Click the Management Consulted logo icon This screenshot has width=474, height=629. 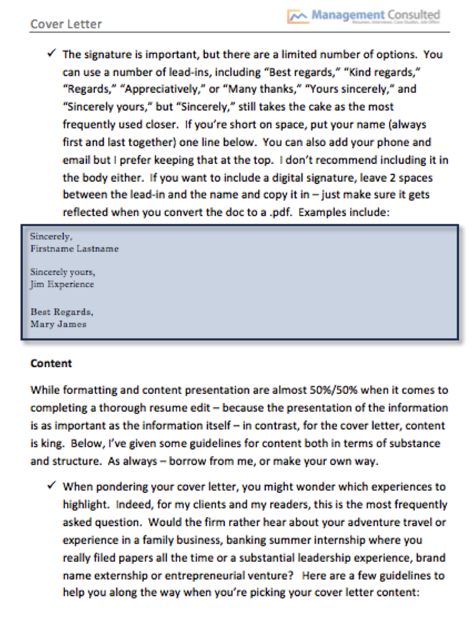[x=298, y=16]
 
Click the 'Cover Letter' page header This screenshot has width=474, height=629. [x=66, y=24]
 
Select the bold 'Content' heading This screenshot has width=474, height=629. [x=51, y=363]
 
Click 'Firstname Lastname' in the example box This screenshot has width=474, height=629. [x=74, y=249]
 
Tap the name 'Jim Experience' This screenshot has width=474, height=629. [x=62, y=284]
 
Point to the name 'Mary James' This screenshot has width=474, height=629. [x=58, y=324]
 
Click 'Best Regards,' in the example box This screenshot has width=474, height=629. [x=62, y=312]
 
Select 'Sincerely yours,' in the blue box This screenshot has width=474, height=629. [x=63, y=272]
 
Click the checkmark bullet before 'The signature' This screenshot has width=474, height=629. [x=52, y=54]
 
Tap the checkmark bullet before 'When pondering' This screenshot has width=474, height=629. [x=52, y=486]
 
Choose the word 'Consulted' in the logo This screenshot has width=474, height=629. [x=413, y=15]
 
